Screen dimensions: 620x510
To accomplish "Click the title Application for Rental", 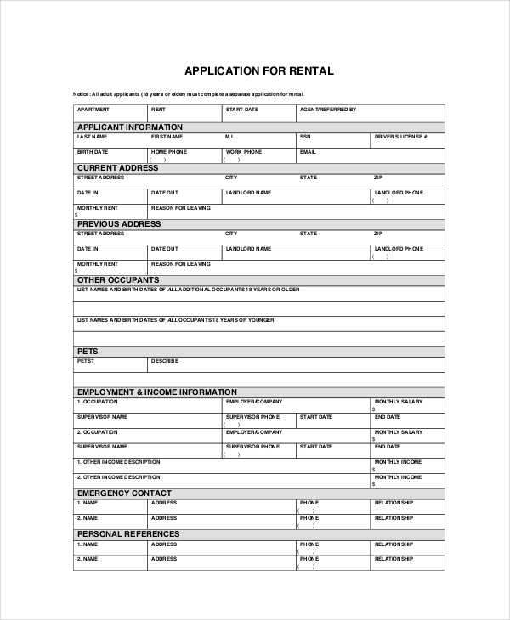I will pyautogui.click(x=259, y=70).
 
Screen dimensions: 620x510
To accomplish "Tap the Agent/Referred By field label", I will pyautogui.click(x=328, y=110).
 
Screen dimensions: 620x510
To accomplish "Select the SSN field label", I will pyautogui.click(x=304, y=136).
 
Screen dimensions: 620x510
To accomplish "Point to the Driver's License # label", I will pyautogui.click(x=400, y=136).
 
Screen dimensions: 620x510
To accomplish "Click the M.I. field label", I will pyautogui.click(x=229, y=136).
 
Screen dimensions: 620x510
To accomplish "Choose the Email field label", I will pyautogui.click(x=307, y=151).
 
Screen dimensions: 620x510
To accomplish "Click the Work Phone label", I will pyautogui.click(x=243, y=151).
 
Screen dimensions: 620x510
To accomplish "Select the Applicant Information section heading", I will pyautogui.click(x=130, y=127).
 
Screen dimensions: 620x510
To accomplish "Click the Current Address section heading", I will pyautogui.click(x=118, y=167).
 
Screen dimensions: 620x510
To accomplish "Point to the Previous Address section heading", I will pyautogui.click(x=119, y=223).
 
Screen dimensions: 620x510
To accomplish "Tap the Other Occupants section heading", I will pyautogui.click(x=118, y=279).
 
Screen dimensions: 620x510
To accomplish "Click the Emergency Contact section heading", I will pyautogui.click(x=124, y=493).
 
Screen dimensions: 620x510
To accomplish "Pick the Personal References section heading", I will pyautogui.click(x=128, y=533).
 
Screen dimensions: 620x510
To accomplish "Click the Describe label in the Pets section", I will pyautogui.click(x=165, y=360).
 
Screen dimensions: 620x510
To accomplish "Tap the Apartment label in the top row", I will pyautogui.click(x=93, y=110).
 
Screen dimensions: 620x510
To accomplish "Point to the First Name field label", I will pyautogui.click(x=167, y=136).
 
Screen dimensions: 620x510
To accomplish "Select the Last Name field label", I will pyautogui.click(x=92, y=136).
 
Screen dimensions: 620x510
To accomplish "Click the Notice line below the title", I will pyautogui.click(x=188, y=93).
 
